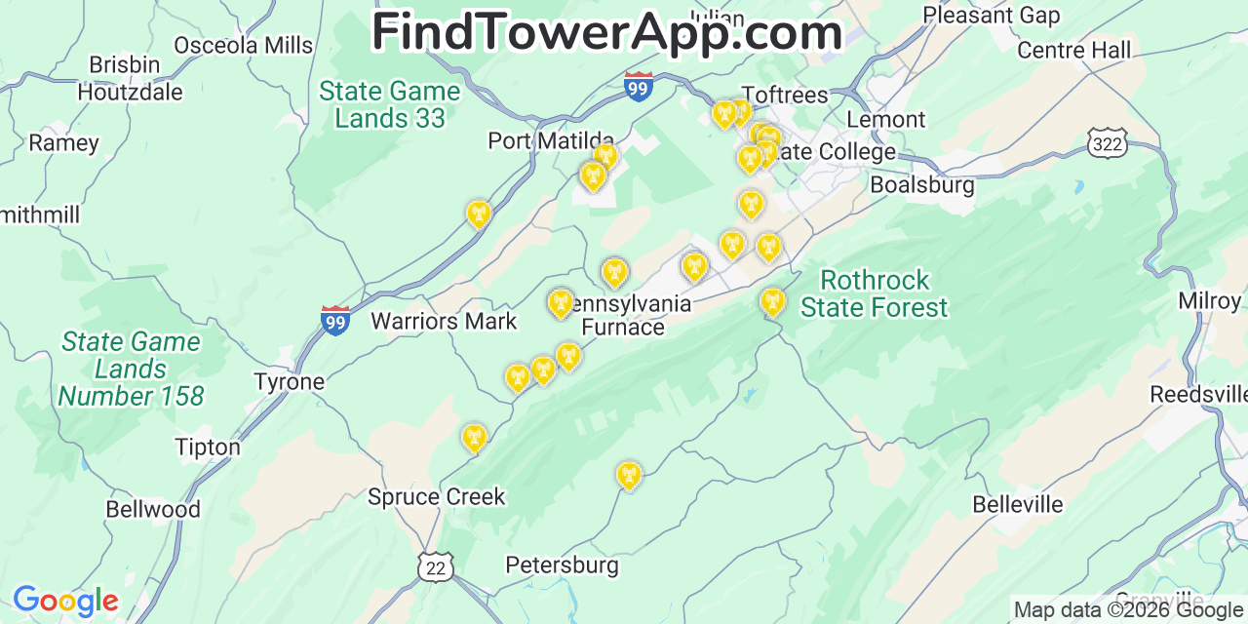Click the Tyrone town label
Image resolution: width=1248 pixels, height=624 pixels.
tap(289, 381)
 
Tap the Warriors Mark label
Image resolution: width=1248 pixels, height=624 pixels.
tap(444, 321)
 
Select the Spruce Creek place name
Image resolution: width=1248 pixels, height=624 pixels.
tap(436, 496)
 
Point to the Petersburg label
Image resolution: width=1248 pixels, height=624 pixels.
tap(562, 565)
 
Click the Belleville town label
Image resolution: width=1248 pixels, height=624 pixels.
tap(1018, 504)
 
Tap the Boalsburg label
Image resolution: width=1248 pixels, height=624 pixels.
tap(921, 184)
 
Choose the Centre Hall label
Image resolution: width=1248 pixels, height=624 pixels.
tap(1073, 50)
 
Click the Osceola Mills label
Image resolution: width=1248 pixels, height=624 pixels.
tap(244, 45)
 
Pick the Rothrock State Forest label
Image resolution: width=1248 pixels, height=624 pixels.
tap(874, 293)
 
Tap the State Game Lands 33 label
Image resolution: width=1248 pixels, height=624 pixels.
tap(390, 104)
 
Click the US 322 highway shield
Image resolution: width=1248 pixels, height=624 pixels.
tap(1107, 144)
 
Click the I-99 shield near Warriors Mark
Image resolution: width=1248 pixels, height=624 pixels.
tap(334, 320)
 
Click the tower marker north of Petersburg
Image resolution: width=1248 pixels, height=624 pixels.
tap(629, 475)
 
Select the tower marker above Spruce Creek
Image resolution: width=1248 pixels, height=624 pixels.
tap(474, 438)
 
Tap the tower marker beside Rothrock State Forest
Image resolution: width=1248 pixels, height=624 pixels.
tap(772, 301)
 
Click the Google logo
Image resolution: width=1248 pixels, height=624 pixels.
tap(65, 601)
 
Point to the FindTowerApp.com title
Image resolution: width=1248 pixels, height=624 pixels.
tap(606, 32)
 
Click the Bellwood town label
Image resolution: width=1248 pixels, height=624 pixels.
tap(153, 509)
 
